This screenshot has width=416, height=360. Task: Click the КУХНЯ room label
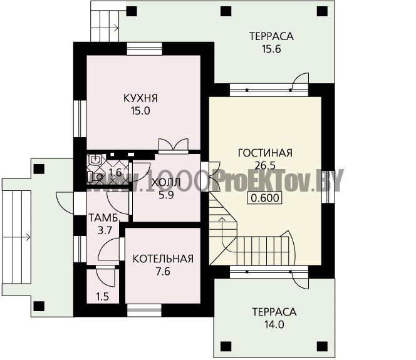[140, 98]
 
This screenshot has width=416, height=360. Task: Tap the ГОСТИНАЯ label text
[265, 153]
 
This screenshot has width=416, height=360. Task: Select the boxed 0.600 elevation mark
[265, 198]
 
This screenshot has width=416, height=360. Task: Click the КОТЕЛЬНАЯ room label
[163, 259]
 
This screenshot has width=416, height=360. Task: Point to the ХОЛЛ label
[166, 182]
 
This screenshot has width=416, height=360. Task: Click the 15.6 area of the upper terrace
[271, 49]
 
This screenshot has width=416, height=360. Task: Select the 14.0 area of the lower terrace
[274, 324]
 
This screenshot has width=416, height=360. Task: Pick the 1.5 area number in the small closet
[103, 297]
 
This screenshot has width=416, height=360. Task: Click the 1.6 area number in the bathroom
[115, 173]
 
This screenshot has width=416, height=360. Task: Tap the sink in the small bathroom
[95, 159]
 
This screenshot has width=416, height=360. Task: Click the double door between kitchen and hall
[174, 145]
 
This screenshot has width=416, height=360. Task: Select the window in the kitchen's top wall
[144, 49]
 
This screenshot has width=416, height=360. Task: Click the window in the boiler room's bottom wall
[144, 310]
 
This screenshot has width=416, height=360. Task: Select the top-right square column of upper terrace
[322, 11]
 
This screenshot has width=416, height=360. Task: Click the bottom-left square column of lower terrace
[226, 346]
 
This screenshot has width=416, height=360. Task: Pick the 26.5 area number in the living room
[265, 166]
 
